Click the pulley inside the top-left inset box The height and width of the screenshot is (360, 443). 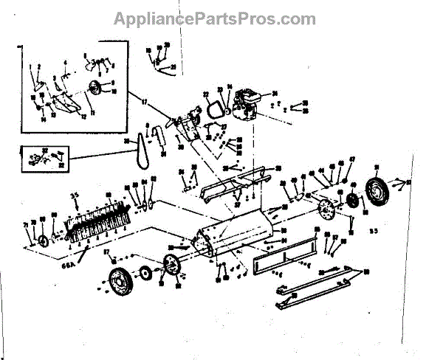click(x=95, y=89)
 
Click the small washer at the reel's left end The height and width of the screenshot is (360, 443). click(x=42, y=242)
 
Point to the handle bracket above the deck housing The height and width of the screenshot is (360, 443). click(x=233, y=181)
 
